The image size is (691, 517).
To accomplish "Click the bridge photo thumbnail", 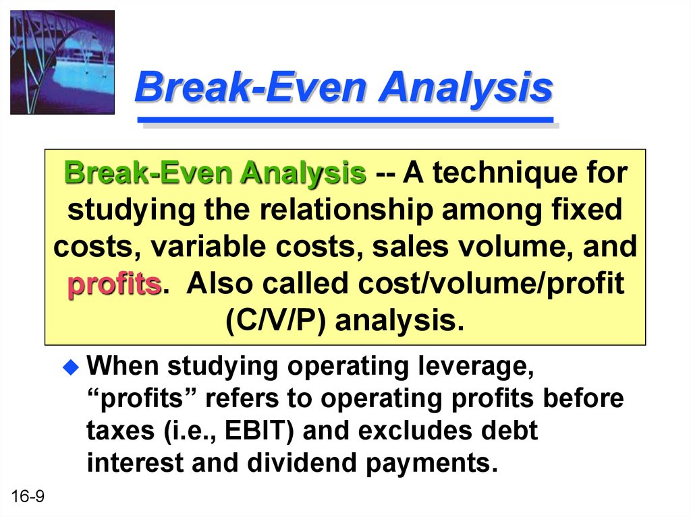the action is (62, 63).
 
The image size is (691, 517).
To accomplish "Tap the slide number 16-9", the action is (28, 496).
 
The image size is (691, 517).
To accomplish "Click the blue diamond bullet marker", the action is (71, 367).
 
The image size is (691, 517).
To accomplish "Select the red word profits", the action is (115, 284).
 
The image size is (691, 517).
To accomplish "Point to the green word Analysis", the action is (303, 173).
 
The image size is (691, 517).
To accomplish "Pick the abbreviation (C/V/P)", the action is (275, 321).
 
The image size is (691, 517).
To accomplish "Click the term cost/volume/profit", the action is (491, 284).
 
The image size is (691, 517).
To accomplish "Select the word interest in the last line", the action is (134, 462).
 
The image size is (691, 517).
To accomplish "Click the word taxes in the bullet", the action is (120, 431).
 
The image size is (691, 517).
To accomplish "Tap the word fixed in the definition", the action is (586, 210).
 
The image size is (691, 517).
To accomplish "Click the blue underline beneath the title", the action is (345, 120).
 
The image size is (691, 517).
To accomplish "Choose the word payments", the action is (431, 463).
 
